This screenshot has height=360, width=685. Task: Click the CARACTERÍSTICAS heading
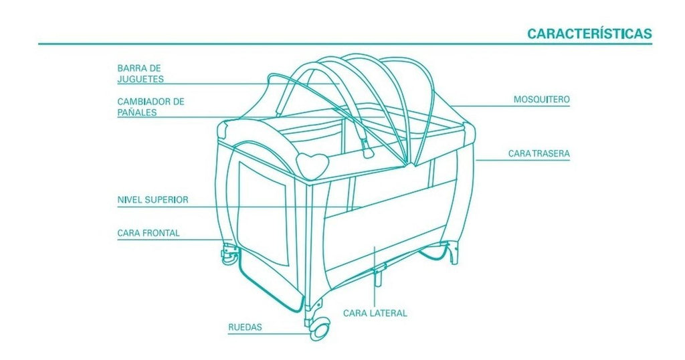click(x=589, y=33)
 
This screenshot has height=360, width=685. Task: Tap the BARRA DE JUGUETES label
click(x=140, y=74)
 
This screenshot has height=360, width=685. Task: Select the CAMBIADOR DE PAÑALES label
click(x=151, y=106)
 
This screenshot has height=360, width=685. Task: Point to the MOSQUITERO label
click(x=541, y=99)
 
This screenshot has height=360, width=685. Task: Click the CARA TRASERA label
click(x=539, y=154)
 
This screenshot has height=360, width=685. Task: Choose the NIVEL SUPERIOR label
click(x=153, y=199)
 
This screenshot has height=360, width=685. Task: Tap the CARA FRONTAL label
click(x=148, y=233)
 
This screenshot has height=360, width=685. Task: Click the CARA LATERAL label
click(x=375, y=313)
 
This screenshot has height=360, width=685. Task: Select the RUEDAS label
click(x=245, y=327)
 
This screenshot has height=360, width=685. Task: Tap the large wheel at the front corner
click(x=320, y=330)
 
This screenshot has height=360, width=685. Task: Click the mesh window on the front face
click(x=262, y=212)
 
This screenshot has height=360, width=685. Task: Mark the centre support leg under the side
click(x=377, y=275)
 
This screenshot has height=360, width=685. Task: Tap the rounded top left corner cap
click(x=225, y=128)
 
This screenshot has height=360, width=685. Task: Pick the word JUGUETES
click(x=140, y=79)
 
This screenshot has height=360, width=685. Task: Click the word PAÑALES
click(x=136, y=112)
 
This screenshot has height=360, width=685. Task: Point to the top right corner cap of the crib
click(x=470, y=132)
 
